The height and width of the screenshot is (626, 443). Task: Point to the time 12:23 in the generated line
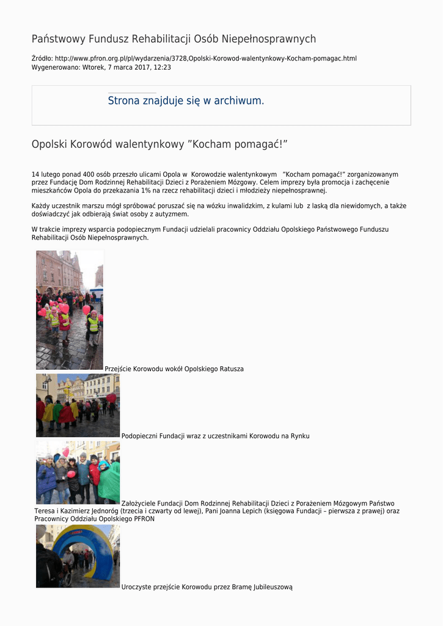161,67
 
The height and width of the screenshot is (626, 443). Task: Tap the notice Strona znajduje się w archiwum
186,101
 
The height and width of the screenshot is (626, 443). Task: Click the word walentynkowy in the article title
150,144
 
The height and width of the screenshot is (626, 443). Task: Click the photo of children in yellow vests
69,309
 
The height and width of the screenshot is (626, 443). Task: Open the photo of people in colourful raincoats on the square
78,405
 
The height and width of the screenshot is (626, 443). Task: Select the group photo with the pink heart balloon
78,473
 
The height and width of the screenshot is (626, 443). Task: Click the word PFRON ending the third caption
144,519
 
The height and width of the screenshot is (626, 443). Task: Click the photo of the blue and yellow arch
78,556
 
